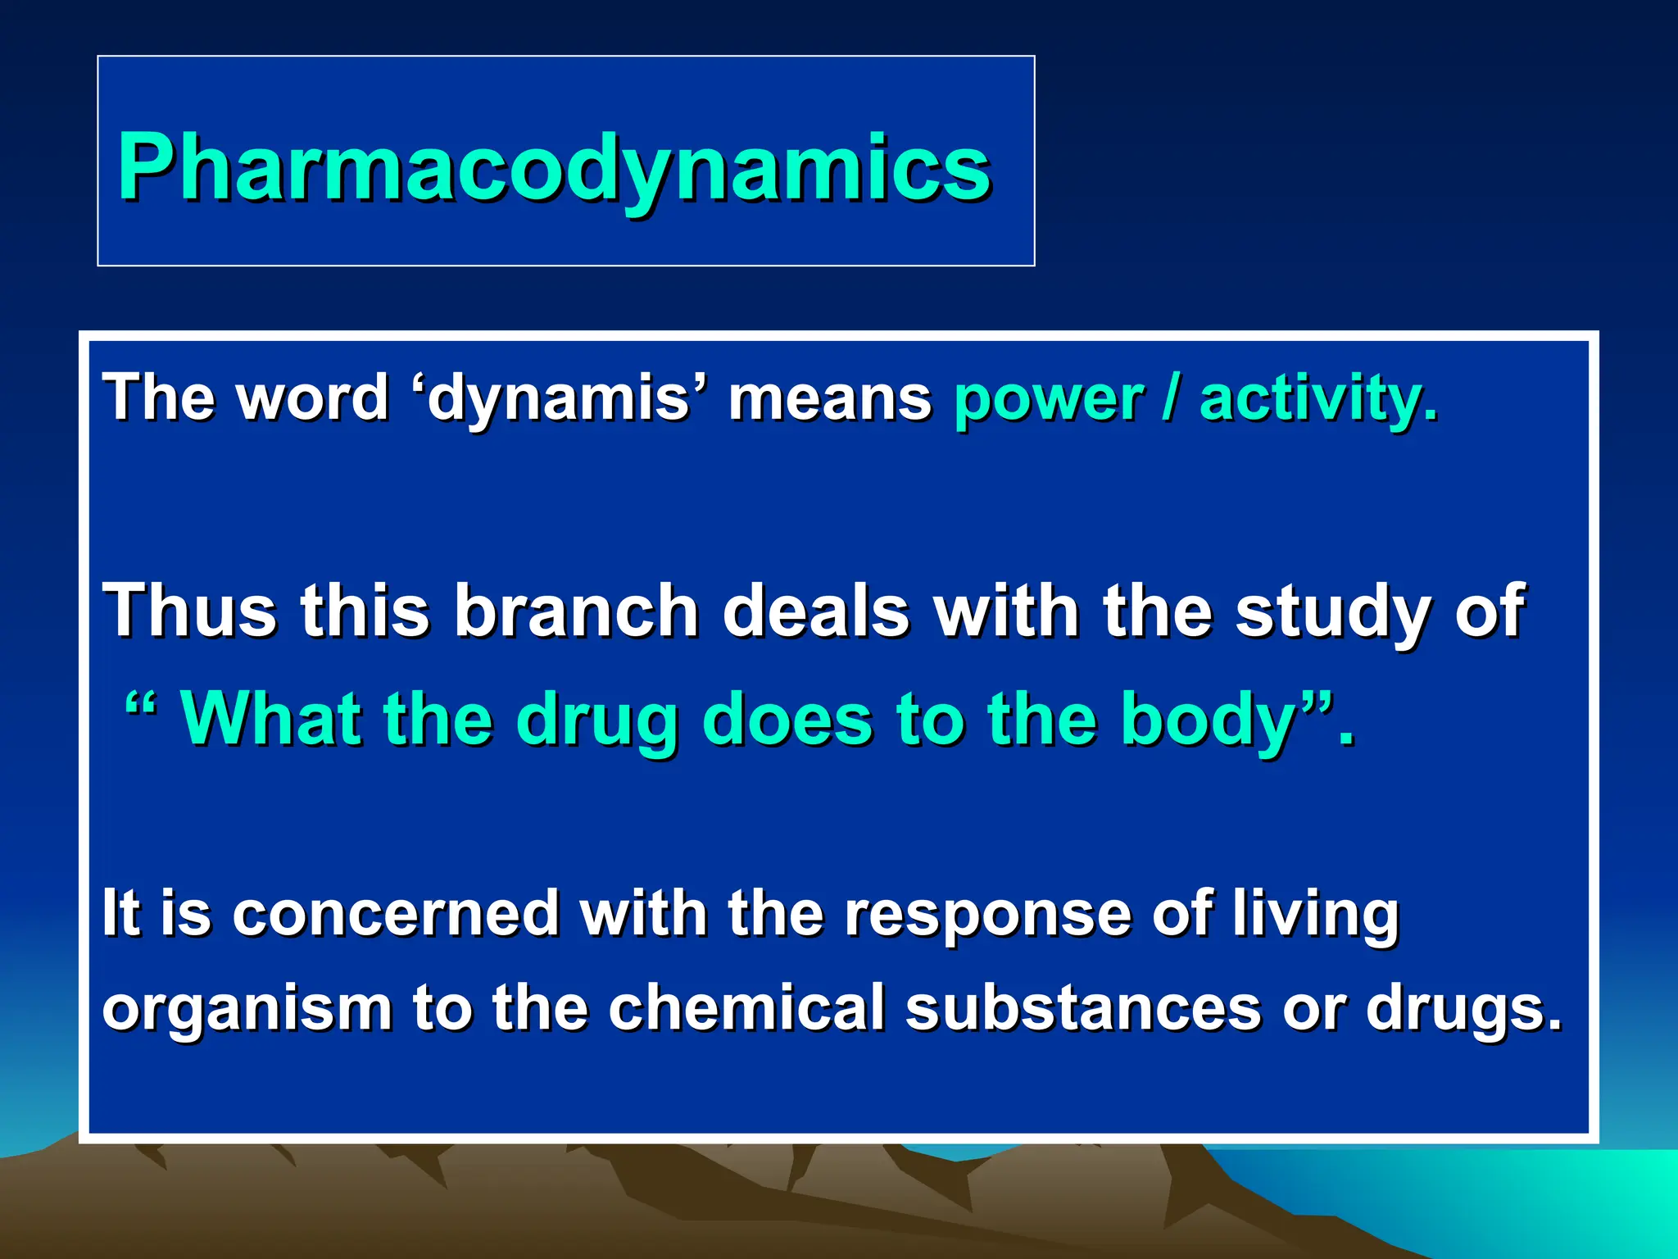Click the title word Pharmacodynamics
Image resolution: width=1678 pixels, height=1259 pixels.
[554, 167]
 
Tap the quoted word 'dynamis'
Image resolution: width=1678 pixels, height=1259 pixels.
[560, 398]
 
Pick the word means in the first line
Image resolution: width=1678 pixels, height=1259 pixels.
[830, 398]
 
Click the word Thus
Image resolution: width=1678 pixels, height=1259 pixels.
[189, 610]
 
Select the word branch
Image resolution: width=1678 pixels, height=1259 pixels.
[576, 610]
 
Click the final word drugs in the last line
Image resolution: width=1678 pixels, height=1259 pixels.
[1464, 1008]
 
